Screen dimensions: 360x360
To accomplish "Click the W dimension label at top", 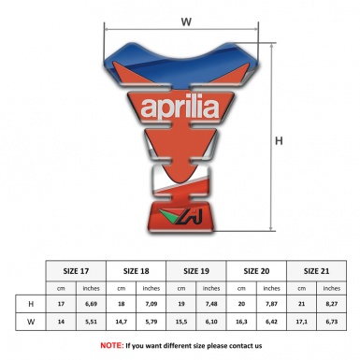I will (186, 18).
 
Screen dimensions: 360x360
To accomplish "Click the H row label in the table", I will (32, 304).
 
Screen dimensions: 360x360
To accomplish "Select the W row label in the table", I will (32, 323).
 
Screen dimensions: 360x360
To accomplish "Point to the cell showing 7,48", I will (212, 304).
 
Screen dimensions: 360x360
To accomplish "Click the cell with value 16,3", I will (242, 323).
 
